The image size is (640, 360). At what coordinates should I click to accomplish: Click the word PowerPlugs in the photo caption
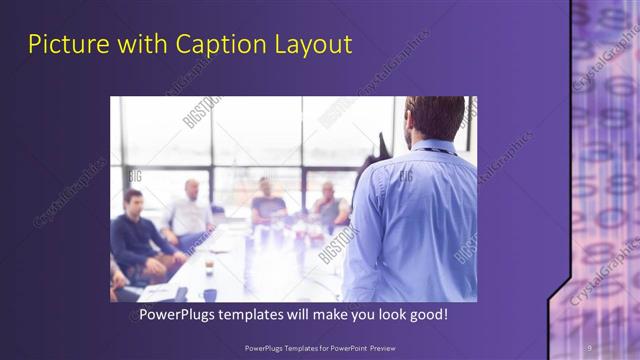(177, 315)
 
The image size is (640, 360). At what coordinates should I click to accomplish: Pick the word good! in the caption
(427, 315)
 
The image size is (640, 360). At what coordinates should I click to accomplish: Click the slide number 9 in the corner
(589, 347)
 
